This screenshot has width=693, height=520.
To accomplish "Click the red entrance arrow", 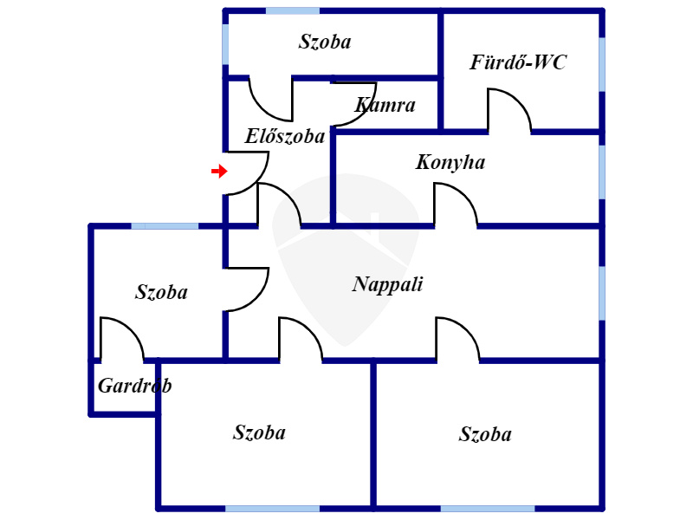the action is tap(219, 171).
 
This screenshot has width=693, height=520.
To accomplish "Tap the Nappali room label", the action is tap(387, 284).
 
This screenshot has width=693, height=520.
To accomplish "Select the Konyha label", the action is tap(450, 162).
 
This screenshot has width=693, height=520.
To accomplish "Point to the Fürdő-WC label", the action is tap(518, 62).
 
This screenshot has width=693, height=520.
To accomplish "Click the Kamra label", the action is tap(385, 105).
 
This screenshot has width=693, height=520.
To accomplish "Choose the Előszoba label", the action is tap(285, 136).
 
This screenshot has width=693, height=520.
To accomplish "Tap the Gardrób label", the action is tap(135, 386).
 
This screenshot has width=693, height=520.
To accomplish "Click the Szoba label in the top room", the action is tap(325, 42).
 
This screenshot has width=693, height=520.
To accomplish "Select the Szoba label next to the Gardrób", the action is tap(161, 292).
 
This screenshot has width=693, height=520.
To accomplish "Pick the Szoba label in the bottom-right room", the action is tap(485, 434).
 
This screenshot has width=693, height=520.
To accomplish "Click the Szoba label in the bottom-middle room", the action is tap(259, 432).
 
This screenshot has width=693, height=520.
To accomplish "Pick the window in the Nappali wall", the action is tap(602, 293).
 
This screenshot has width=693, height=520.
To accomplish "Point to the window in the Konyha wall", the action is tap(602, 172).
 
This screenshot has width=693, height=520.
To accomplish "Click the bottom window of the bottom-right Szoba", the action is tap(488, 509).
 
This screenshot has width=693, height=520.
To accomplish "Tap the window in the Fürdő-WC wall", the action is tap(602, 64).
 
